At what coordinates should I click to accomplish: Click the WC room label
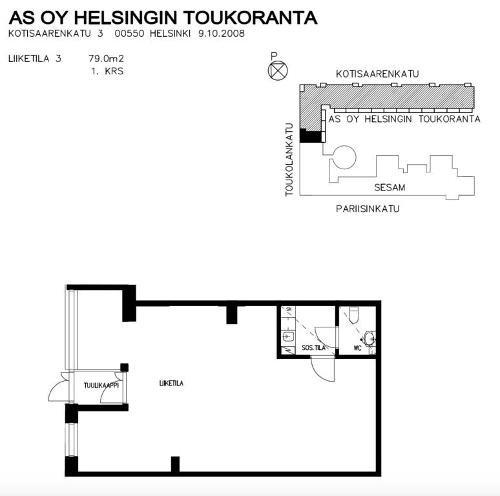[357, 347]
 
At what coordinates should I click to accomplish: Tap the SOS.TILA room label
[313, 347]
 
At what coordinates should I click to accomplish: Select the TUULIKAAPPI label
[101, 386]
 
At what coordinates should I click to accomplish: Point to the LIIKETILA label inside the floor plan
[171, 383]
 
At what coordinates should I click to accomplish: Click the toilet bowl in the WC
[354, 315]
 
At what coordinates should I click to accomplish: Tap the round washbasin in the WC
[370, 338]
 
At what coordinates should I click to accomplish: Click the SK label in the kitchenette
[289, 309]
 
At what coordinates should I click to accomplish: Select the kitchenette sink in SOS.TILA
[288, 336]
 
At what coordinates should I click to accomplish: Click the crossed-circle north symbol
[278, 70]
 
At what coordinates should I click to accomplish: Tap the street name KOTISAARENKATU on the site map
[377, 74]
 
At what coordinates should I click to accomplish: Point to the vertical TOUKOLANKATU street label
[289, 160]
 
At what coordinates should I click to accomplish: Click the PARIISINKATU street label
[368, 209]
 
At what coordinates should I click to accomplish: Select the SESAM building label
[390, 187]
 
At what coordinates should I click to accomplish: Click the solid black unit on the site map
[310, 136]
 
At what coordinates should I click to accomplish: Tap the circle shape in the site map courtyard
[344, 157]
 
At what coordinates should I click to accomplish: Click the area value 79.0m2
[106, 59]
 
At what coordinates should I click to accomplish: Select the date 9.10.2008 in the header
[222, 34]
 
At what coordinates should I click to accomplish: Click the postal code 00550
[129, 34]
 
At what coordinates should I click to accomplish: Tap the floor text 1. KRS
[107, 71]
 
